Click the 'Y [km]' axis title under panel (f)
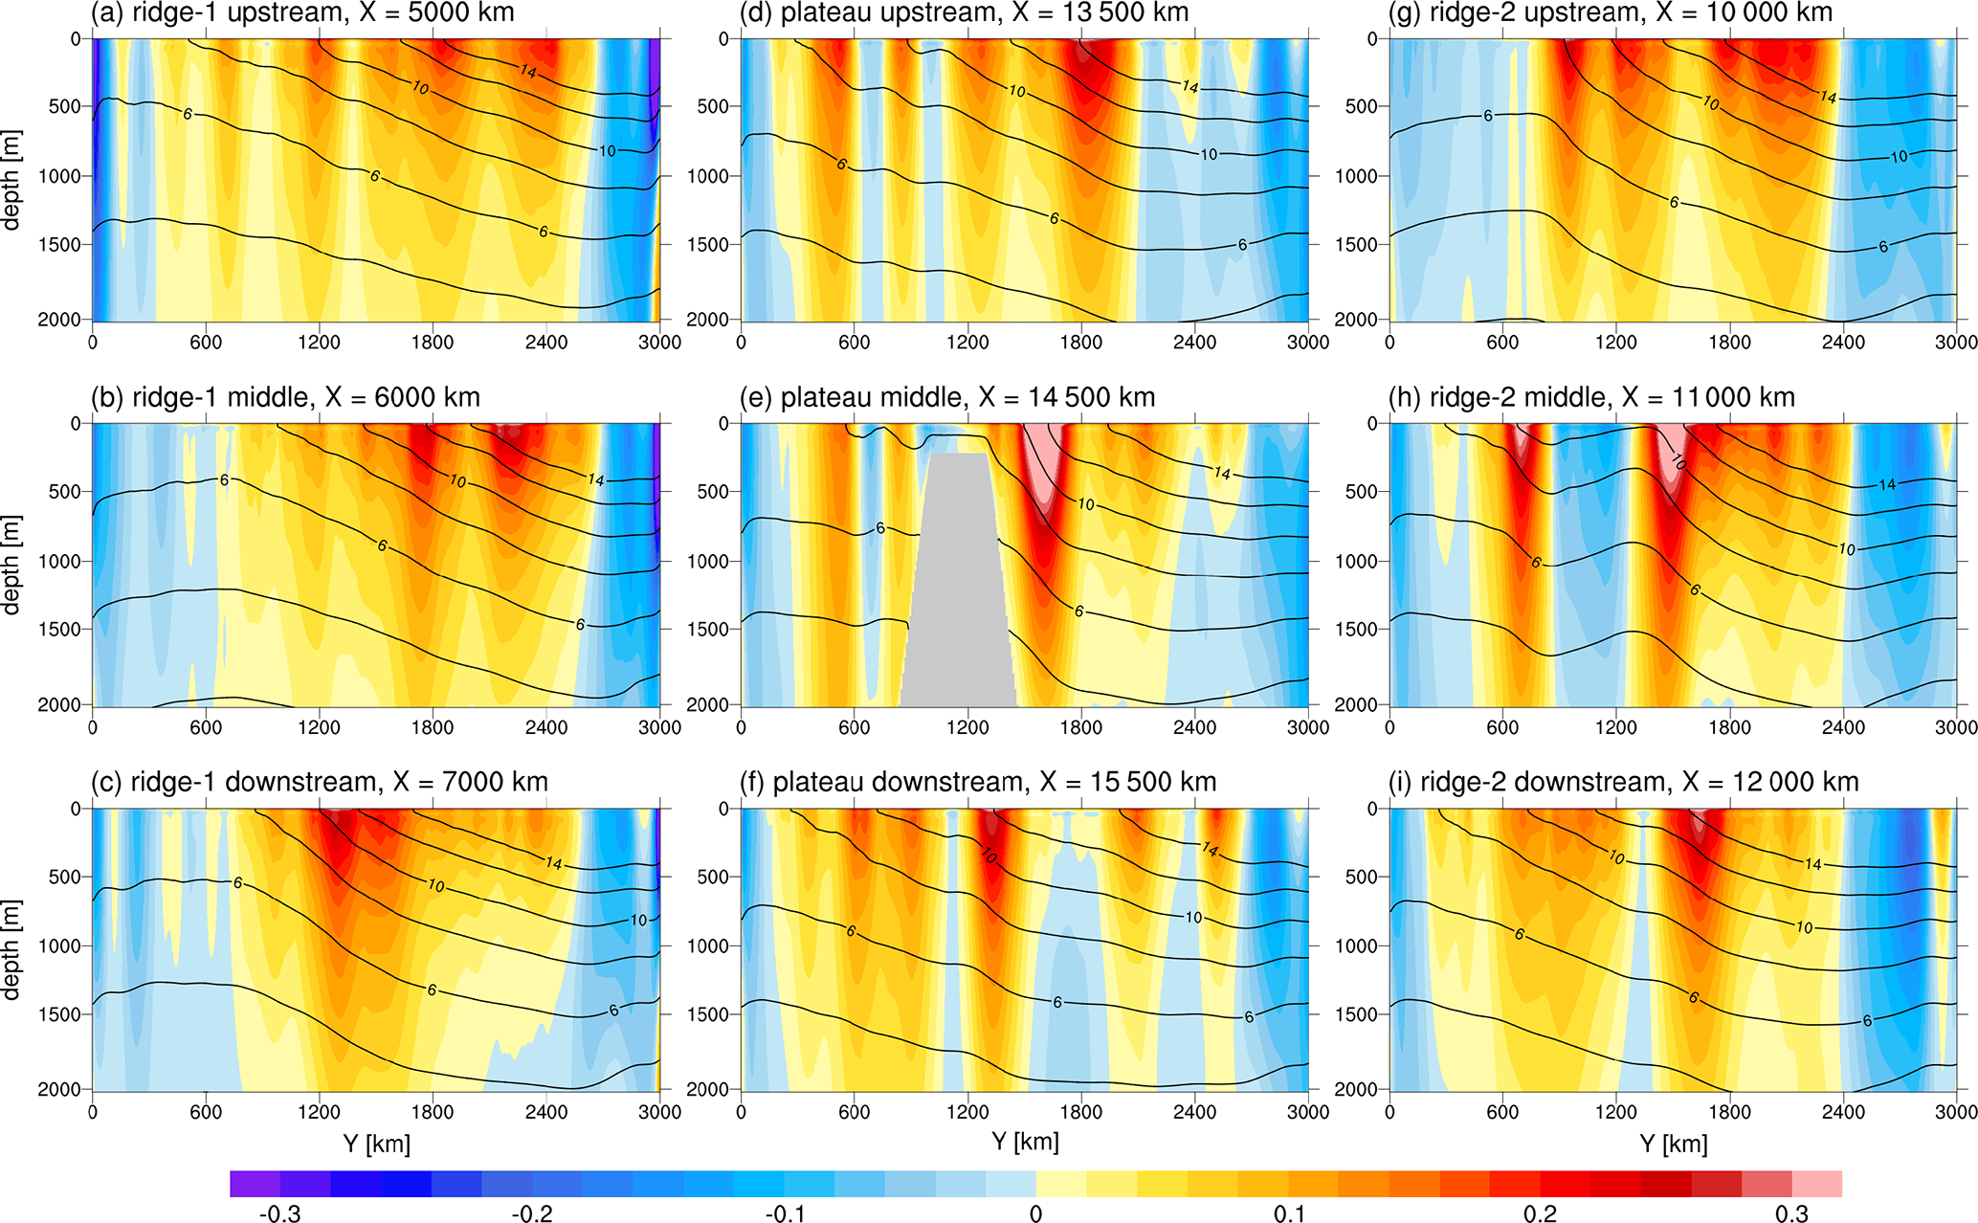(1024, 1142)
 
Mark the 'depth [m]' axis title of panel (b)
(11, 565)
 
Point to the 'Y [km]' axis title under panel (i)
(1673, 1144)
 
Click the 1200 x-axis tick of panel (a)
(319, 343)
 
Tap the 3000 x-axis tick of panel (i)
(1956, 1112)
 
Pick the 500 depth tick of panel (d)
(712, 107)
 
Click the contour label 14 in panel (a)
(528, 71)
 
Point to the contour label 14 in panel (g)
(1828, 97)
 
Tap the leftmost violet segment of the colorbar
(255, 1184)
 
